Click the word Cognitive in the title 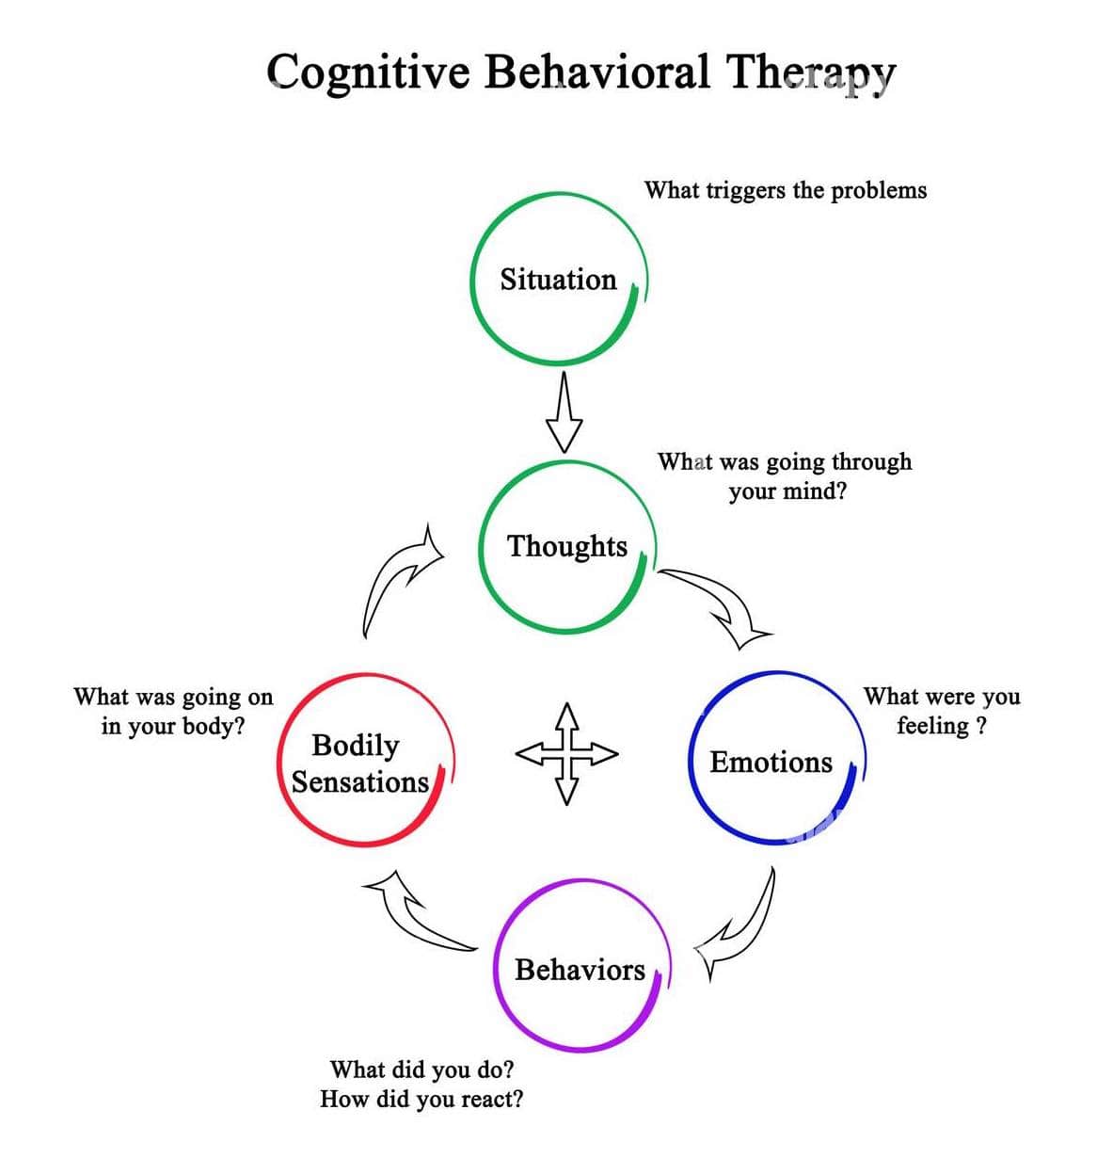click(367, 72)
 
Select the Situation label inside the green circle click(558, 280)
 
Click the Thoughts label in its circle click(567, 546)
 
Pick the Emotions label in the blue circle click(771, 762)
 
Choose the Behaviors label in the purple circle click(580, 970)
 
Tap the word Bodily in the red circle click(356, 746)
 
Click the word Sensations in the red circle click(359, 782)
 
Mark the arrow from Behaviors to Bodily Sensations click(414, 913)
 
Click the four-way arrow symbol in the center click(565, 753)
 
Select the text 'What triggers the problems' click(785, 190)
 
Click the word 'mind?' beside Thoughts click(815, 491)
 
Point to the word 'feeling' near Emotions click(931, 726)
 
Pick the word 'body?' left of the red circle click(214, 726)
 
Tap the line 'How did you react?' click(421, 1099)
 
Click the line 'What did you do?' click(421, 1069)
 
